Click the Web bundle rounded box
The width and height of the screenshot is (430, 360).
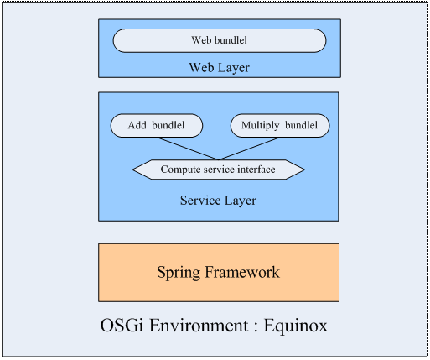coord(220,40)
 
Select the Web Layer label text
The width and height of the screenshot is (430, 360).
coord(220,68)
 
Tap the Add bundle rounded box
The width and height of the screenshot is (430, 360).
coord(157,126)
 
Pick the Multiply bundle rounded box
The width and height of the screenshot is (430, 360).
coord(280,126)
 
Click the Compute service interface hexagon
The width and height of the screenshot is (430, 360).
coord(219,170)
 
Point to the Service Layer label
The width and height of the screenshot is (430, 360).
coord(218,201)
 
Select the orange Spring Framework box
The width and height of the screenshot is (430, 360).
coord(219,273)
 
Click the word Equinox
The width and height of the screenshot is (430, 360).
coord(296,326)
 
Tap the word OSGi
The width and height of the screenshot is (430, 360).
coord(122,326)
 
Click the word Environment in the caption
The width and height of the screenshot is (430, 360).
coord(199,326)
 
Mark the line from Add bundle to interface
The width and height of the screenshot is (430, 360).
coord(188,149)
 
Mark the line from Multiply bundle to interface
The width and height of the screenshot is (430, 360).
coord(249,149)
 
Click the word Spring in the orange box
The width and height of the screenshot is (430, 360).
coord(179,273)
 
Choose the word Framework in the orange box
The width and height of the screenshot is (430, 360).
coord(242,272)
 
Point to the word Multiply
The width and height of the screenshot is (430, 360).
coord(261,126)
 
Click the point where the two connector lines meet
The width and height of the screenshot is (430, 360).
coord(219,160)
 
